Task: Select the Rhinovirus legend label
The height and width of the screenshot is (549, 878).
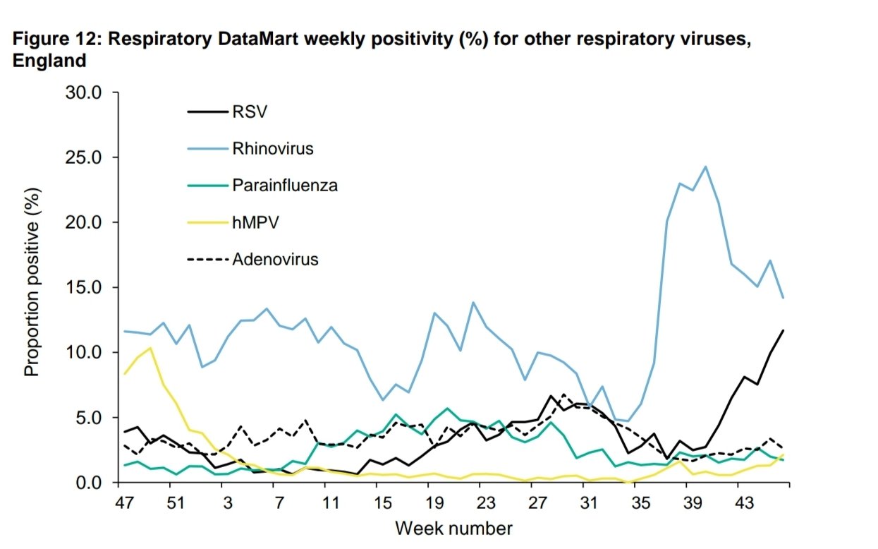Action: click(x=272, y=149)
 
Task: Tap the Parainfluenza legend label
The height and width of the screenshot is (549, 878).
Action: click(x=284, y=186)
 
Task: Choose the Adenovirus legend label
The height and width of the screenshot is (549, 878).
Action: click(x=275, y=259)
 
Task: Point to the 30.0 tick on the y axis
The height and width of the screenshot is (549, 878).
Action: click(x=85, y=92)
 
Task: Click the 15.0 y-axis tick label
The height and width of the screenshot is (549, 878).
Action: click(x=85, y=287)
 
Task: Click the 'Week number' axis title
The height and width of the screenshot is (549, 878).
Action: click(x=453, y=528)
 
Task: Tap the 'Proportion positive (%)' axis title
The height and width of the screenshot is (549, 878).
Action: click(x=32, y=282)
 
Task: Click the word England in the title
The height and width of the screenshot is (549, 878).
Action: click(x=49, y=61)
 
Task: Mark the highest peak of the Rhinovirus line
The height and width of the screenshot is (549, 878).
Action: click(x=705, y=167)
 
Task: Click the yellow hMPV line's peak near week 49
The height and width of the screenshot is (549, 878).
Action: click(x=150, y=348)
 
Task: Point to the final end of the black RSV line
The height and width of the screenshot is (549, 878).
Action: click(x=783, y=330)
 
